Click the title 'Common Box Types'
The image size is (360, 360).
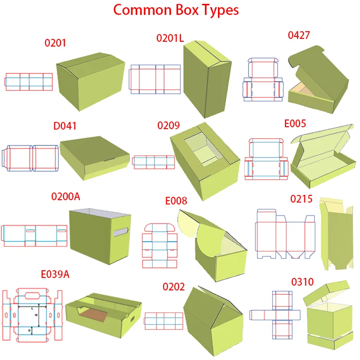point(175,10)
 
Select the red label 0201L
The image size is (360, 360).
point(170,38)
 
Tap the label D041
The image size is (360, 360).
point(65,127)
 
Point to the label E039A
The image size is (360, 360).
point(55,275)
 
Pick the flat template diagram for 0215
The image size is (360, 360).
point(285,234)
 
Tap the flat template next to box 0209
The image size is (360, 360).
point(154,162)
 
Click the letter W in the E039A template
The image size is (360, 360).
point(36,315)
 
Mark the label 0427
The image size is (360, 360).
point(299,35)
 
